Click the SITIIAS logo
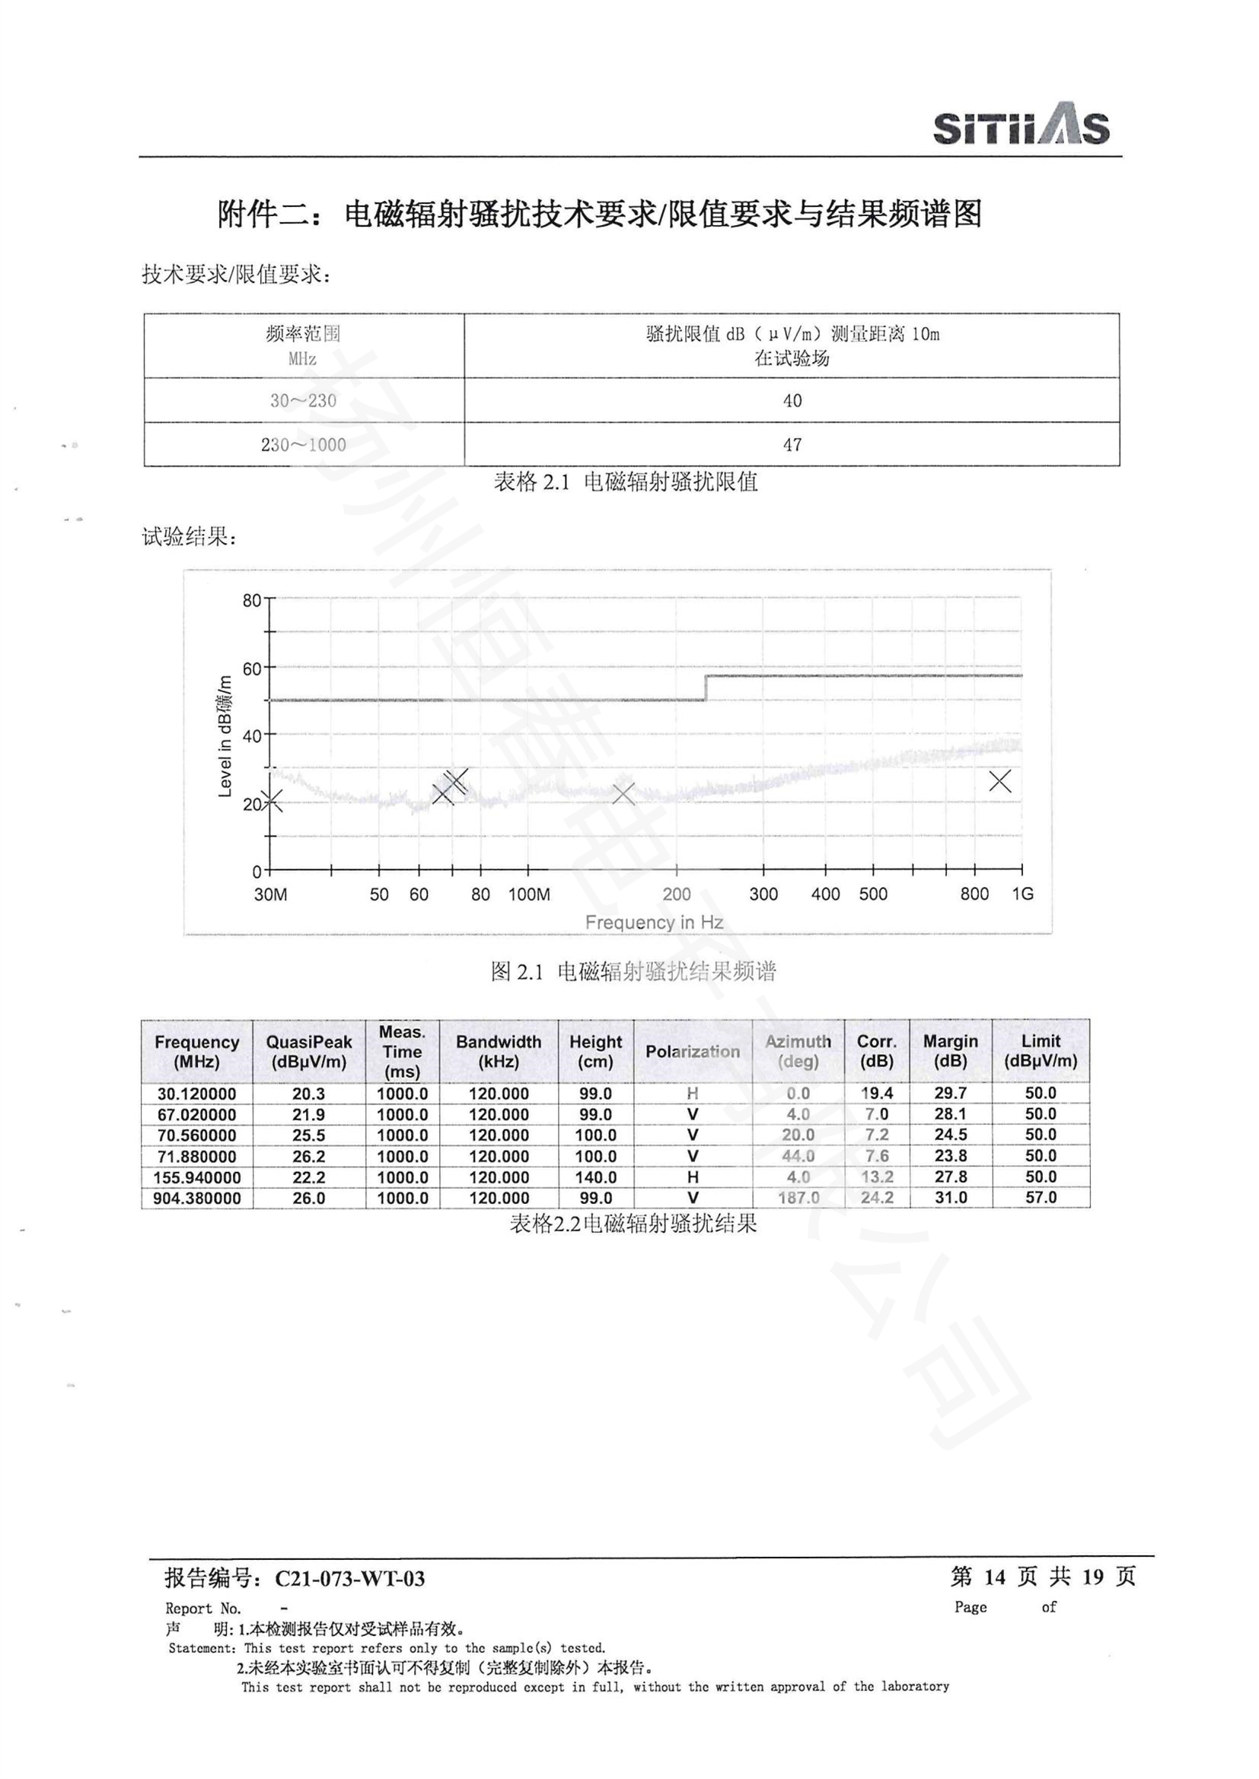click(1020, 124)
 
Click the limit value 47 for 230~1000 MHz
click(792, 445)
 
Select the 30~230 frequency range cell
click(303, 401)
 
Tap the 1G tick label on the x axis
click(1022, 894)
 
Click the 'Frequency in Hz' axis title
click(654, 922)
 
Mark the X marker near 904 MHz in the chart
click(1000, 781)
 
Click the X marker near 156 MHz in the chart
click(623, 793)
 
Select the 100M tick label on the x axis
click(529, 894)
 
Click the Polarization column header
click(692, 1051)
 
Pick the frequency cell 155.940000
click(197, 1177)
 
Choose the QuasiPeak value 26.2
click(308, 1156)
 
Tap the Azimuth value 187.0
click(798, 1198)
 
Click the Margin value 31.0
click(951, 1198)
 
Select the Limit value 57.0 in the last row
click(1041, 1198)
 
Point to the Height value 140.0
click(595, 1177)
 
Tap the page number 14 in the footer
click(994, 1576)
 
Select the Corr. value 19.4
click(877, 1093)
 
